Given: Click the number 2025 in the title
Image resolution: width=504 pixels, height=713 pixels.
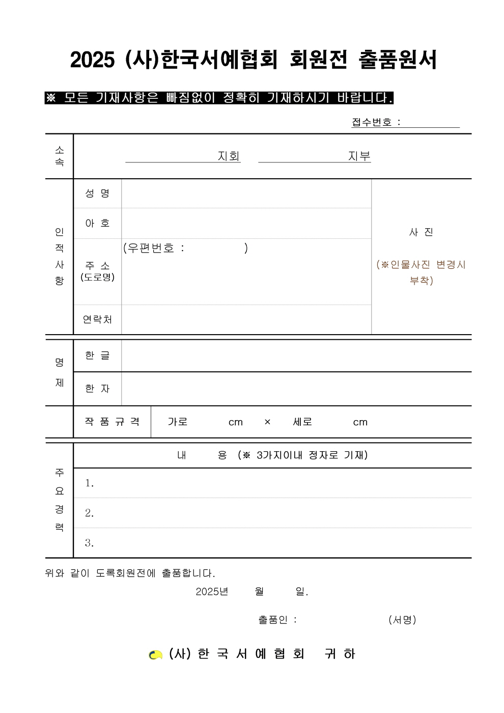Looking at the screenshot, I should click(x=92, y=60).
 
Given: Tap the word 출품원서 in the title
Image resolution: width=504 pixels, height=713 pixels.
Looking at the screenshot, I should click(x=398, y=60).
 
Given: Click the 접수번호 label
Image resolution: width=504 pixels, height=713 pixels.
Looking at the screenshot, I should click(x=372, y=122).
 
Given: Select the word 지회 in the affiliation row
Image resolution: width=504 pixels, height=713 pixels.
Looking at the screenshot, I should click(x=229, y=156).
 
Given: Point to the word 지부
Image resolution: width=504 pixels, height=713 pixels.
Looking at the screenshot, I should click(x=359, y=156).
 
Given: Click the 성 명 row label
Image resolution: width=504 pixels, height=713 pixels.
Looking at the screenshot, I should click(x=97, y=194).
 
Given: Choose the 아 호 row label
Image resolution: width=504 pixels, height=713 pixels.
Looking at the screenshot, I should click(x=97, y=223).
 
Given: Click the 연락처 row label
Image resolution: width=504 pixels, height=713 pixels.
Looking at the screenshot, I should click(x=97, y=319).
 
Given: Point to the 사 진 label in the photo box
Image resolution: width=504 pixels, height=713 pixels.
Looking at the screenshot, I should click(x=421, y=232).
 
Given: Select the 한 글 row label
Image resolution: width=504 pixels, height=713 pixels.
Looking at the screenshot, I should click(x=97, y=355).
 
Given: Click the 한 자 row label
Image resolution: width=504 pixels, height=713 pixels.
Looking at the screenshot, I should click(x=97, y=389).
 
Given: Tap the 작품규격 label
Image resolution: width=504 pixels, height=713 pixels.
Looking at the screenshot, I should click(x=112, y=422).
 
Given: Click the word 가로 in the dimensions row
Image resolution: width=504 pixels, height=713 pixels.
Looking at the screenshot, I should click(x=178, y=422).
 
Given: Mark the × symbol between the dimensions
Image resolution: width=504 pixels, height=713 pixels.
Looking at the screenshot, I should click(x=267, y=422).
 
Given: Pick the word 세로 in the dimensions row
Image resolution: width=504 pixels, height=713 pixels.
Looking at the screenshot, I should click(x=302, y=422).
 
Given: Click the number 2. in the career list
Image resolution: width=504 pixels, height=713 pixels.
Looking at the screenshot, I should click(x=90, y=513).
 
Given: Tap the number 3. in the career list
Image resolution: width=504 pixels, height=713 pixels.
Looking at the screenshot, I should click(x=90, y=543).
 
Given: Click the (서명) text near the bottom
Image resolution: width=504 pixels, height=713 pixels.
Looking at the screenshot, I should click(x=402, y=620).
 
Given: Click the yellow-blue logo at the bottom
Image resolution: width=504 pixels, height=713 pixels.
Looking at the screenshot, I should click(x=155, y=654).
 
